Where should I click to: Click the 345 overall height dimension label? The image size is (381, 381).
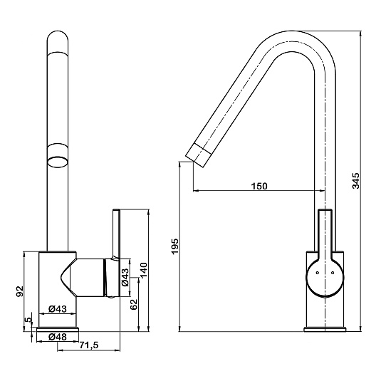point(355,181)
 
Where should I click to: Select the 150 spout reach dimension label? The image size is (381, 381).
point(259,186)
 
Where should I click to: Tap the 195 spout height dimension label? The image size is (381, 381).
point(174,246)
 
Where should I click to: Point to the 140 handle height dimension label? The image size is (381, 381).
point(143,271)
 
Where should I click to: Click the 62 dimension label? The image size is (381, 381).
point(134,304)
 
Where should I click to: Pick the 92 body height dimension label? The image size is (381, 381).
point(19,291)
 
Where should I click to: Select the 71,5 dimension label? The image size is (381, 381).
point(89,345)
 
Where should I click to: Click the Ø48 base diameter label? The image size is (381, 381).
point(58,337)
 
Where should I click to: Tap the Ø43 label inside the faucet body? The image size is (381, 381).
point(58,309)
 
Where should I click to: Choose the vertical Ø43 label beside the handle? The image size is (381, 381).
point(125,277)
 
